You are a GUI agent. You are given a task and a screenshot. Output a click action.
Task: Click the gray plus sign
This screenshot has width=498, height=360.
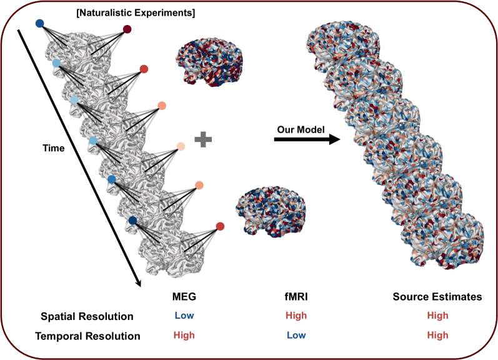tap(201, 140)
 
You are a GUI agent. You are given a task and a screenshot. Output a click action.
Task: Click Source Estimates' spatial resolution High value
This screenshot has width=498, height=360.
tap(437, 316)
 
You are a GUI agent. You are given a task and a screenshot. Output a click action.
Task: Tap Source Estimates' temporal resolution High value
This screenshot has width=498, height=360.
tap(437, 336)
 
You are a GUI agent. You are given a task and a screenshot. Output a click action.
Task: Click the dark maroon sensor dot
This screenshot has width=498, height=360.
tap(127, 29)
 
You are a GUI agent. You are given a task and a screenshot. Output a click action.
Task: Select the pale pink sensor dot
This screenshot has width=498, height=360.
tap(180, 146)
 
